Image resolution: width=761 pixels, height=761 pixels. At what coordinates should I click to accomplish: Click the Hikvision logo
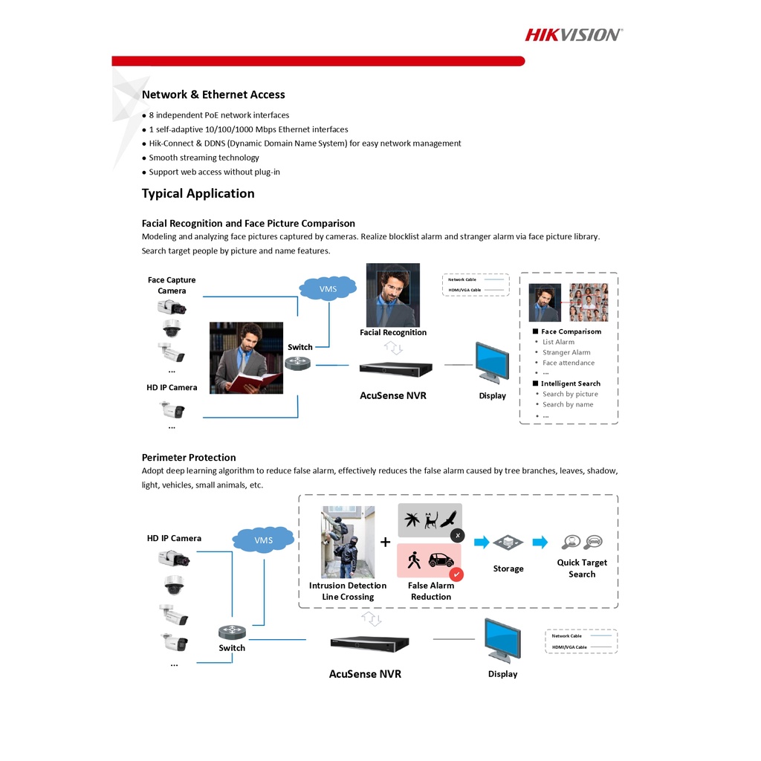[x=574, y=34]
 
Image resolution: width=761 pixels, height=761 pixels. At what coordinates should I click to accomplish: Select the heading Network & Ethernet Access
[x=213, y=94]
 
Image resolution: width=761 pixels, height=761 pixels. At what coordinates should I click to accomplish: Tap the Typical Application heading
[x=198, y=194]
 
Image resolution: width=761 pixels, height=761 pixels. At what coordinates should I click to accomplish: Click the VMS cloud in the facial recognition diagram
[x=328, y=288]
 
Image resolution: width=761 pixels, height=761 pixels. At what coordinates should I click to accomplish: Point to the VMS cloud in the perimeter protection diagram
[x=263, y=540]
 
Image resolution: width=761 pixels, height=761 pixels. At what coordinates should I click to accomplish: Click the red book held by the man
[x=254, y=382]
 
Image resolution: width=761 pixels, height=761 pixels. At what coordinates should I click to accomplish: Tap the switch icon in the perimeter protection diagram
[x=232, y=632]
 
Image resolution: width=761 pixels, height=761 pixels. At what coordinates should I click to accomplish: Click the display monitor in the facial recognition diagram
[x=492, y=362]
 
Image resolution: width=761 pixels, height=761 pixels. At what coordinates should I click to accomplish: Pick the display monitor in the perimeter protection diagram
[x=502, y=638]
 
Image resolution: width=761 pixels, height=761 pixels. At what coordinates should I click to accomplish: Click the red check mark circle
[x=456, y=574]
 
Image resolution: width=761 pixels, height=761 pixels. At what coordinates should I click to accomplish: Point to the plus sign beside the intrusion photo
[x=385, y=542]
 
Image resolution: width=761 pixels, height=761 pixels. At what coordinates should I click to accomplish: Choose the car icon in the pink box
[x=441, y=560]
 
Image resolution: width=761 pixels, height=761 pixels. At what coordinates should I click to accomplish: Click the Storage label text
[x=508, y=569]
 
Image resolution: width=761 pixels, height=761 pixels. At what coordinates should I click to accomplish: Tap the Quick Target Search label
[x=582, y=569]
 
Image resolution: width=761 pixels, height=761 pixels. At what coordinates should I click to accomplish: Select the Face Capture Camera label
[x=172, y=285]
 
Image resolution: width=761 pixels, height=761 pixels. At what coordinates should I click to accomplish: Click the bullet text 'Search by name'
[x=568, y=405]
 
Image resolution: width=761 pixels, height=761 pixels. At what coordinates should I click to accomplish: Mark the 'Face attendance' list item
[x=569, y=363]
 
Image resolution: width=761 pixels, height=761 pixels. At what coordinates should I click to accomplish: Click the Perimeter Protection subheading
[x=189, y=458]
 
